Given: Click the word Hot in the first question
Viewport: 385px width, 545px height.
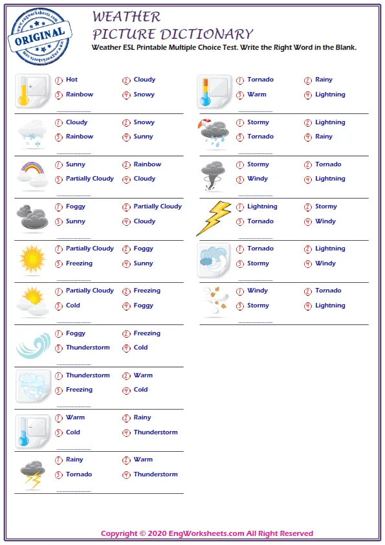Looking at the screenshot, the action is click(x=71, y=80).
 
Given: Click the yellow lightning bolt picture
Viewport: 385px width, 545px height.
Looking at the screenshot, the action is click(x=214, y=218).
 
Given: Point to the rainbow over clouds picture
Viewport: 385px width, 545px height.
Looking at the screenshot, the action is click(x=32, y=175).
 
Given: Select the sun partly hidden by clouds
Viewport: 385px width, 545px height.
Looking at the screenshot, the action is click(x=32, y=302).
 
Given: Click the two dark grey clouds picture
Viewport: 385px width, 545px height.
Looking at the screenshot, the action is click(x=32, y=217).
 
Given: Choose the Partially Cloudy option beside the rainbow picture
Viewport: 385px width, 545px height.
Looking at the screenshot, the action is click(x=89, y=179).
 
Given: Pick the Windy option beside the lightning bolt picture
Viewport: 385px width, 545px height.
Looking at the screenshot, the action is click(x=325, y=221).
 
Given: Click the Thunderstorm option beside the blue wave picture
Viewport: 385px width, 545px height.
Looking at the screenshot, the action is click(x=87, y=348).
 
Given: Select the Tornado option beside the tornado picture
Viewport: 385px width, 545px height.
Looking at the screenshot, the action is click(x=328, y=164).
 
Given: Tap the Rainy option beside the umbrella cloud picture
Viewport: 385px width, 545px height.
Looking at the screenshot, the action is click(x=324, y=137).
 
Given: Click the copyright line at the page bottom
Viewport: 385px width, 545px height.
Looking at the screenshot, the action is click(x=206, y=533).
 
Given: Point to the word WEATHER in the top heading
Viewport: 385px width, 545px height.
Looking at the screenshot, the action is click(x=126, y=17).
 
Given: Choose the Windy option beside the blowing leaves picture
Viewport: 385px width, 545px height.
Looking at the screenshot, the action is click(x=257, y=291).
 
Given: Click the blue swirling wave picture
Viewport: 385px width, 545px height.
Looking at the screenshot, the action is click(x=32, y=344).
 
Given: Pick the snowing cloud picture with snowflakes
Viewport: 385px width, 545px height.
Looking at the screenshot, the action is click(x=32, y=133).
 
